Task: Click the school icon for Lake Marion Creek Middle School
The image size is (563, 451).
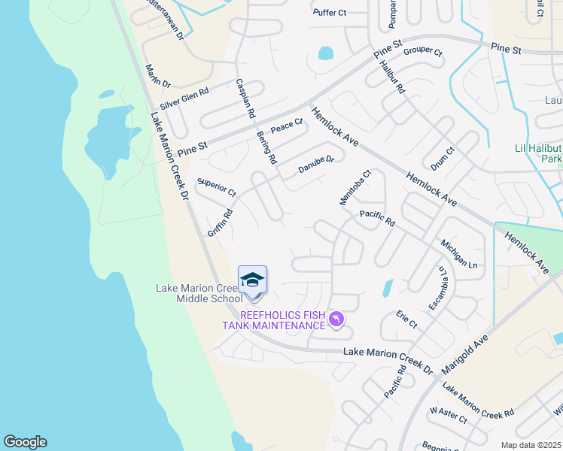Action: tap(252, 280)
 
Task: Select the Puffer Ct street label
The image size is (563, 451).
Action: tap(329, 13)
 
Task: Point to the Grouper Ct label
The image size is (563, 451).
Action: tap(423, 52)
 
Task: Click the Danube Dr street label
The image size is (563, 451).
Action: tap(315, 165)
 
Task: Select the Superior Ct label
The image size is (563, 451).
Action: tap(216, 188)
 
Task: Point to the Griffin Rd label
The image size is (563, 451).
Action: tap(221, 223)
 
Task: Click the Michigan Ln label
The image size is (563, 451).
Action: tap(459, 256)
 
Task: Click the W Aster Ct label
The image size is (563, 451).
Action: tap(447, 415)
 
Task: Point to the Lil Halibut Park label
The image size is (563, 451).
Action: tap(538, 154)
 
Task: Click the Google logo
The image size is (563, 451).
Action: tap(25, 442)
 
